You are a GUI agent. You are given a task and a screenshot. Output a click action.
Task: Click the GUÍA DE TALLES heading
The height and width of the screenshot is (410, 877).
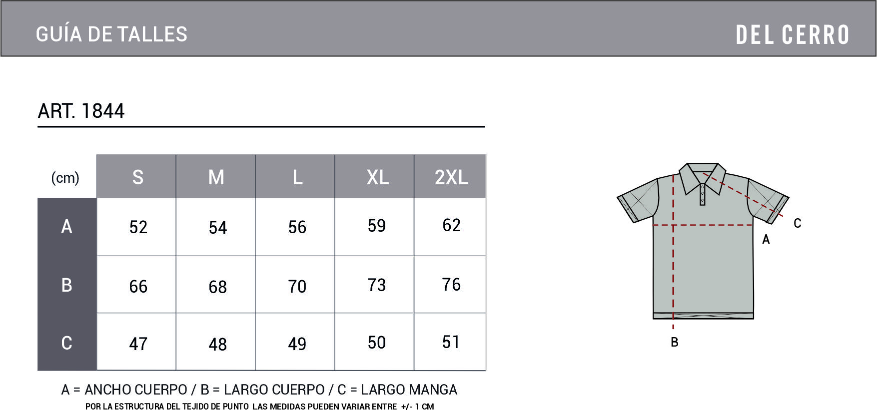pos(111,34)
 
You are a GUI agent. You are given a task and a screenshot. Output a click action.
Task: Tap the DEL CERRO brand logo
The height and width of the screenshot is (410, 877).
pos(793,35)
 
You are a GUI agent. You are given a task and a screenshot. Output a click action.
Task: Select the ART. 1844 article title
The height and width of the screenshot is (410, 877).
pos(81,111)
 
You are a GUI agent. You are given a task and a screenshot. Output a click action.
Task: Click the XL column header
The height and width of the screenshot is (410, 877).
pos(378,177)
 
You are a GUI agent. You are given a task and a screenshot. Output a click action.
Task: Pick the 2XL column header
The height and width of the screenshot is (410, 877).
pos(451,177)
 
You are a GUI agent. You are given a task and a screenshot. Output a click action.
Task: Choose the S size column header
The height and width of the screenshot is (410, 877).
pos(138,177)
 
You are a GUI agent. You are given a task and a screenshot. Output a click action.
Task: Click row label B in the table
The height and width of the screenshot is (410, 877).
pos(66,285)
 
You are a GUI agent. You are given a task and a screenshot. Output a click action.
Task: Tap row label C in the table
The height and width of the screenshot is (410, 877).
pos(66,343)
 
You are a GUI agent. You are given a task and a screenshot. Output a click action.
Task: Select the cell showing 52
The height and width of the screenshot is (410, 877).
pos(138,227)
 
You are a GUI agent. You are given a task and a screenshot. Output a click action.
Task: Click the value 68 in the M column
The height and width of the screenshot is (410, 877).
pos(218,287)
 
